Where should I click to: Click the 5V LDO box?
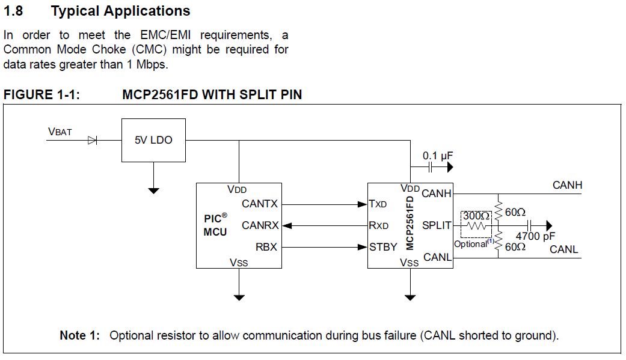tap(153, 140)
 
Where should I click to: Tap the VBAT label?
tap(60, 132)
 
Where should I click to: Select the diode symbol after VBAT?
tap(92, 140)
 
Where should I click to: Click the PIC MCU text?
tap(215, 225)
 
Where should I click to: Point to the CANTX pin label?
tap(260, 204)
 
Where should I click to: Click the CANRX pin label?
tap(260, 225)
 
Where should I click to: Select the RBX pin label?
tap(266, 246)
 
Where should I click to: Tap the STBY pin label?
tap(384, 246)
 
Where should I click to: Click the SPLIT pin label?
tap(437, 225)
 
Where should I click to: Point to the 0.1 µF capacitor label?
tap(437, 156)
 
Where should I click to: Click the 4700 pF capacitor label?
tap(535, 237)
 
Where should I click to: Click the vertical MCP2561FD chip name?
tap(410, 222)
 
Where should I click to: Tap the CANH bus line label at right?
tap(567, 185)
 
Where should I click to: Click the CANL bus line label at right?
tap(563, 249)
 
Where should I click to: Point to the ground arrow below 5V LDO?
tap(154, 191)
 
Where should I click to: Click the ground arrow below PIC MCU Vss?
tap(239, 297)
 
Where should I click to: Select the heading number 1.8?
tap(13, 11)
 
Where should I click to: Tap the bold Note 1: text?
tap(80, 335)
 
